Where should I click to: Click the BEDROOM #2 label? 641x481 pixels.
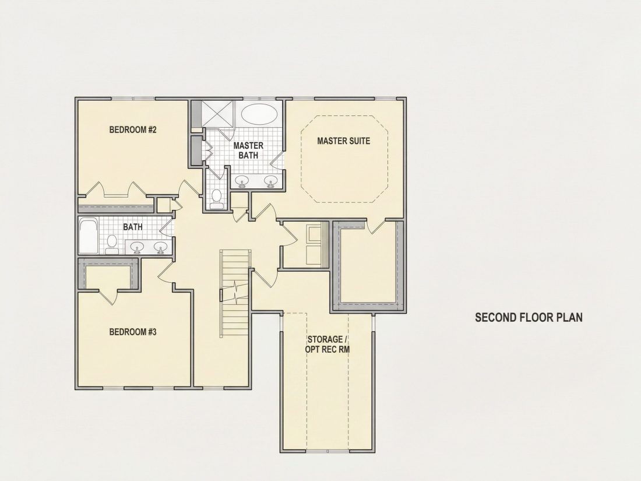pyautogui.click(x=133, y=130)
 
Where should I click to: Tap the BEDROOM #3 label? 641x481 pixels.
pyautogui.click(x=133, y=332)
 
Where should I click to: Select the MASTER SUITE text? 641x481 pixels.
pyautogui.click(x=344, y=141)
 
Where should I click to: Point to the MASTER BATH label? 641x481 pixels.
pyautogui.click(x=248, y=150)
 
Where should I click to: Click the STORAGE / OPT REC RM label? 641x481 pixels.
pyautogui.click(x=327, y=345)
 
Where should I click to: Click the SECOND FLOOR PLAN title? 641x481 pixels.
pyautogui.click(x=529, y=317)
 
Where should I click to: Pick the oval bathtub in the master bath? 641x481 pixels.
pyautogui.click(x=258, y=114)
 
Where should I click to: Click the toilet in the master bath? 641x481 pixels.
pyautogui.click(x=217, y=198)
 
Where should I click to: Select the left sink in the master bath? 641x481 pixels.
pyautogui.click(x=243, y=181)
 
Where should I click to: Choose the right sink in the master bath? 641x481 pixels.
pyautogui.click(x=270, y=180)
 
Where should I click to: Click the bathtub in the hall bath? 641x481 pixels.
pyautogui.click(x=89, y=236)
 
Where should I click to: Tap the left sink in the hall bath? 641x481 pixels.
pyautogui.click(x=137, y=247)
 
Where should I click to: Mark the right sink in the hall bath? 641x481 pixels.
pyautogui.click(x=161, y=247)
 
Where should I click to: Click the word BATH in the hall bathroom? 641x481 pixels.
pyautogui.click(x=133, y=227)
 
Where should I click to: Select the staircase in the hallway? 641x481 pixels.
pyautogui.click(x=235, y=294)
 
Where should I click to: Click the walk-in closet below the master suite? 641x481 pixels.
pyautogui.click(x=368, y=262)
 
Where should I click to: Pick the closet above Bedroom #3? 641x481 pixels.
pyautogui.click(x=109, y=277)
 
